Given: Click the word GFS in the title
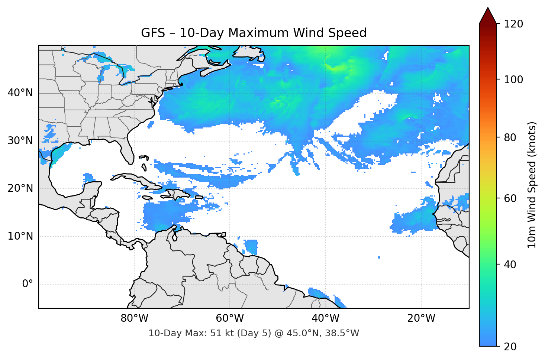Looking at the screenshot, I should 153,33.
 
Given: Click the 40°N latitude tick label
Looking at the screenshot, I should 20,93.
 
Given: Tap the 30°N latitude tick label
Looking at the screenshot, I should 20,141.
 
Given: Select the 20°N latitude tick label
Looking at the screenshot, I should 20,188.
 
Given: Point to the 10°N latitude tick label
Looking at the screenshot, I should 20,236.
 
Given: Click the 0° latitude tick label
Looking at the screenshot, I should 27,284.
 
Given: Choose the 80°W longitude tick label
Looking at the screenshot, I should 134,318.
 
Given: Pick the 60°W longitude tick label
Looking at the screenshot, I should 230,318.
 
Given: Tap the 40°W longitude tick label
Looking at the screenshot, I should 326,318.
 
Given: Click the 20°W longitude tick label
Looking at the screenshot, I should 421,318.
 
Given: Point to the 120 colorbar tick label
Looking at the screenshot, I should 513,24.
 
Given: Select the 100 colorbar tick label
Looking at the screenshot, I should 513,80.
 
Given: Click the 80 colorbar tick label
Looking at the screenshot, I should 510,137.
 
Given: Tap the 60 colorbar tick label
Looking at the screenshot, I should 510,198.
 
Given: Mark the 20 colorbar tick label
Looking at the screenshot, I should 510,347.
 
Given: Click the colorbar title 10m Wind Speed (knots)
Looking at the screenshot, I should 532,185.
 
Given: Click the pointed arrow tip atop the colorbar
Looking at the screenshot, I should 488,8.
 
